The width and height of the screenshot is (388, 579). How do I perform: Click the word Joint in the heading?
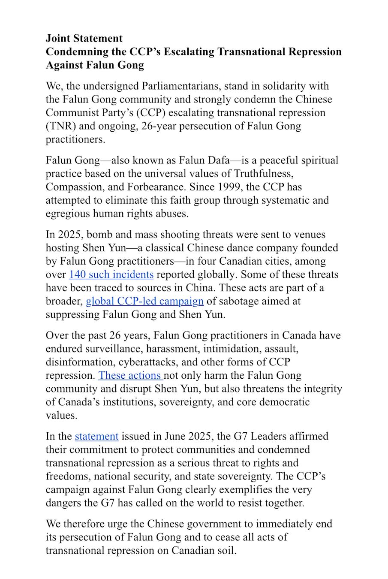coord(58,38)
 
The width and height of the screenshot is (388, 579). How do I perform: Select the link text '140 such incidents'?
coord(111,274)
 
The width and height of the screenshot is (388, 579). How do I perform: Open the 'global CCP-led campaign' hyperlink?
coord(144,301)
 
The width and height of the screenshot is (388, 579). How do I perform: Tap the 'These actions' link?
coord(129,375)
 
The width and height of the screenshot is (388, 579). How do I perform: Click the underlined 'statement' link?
coord(96,436)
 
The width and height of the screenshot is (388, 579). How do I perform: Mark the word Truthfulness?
coord(263,174)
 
